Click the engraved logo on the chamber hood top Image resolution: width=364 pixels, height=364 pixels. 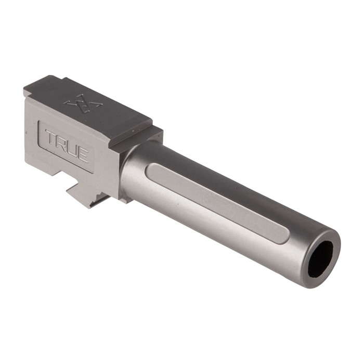coord(83,102)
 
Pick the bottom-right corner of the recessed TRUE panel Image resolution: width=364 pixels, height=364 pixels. coord(93,171)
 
